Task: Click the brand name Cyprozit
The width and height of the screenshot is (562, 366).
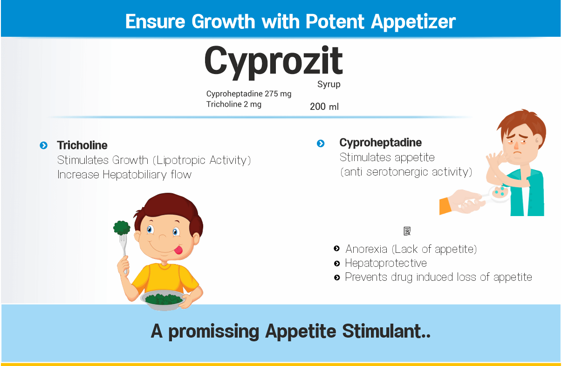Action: pyautogui.click(x=274, y=62)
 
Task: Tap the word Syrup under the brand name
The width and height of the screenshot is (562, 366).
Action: pyautogui.click(x=329, y=84)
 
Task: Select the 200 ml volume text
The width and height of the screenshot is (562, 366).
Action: pyautogui.click(x=324, y=107)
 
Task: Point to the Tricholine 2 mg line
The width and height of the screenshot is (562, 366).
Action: pyautogui.click(x=234, y=104)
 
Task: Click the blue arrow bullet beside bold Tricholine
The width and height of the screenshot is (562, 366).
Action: pyautogui.click(x=44, y=145)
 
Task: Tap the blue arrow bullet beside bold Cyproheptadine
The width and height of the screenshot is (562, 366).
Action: pyautogui.click(x=321, y=143)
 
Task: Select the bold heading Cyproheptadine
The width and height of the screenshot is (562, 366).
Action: pyautogui.click(x=380, y=143)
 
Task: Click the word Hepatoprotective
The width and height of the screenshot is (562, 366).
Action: pyautogui.click(x=386, y=263)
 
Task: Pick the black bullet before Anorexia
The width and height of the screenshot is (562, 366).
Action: pyautogui.click(x=337, y=249)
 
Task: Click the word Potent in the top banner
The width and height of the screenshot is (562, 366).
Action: pyautogui.click(x=335, y=21)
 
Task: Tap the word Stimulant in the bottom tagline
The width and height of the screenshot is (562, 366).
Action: pyautogui.click(x=386, y=331)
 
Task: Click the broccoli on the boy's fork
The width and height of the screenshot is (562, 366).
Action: pyautogui.click(x=122, y=228)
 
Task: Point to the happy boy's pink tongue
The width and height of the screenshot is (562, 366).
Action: pyautogui.click(x=178, y=250)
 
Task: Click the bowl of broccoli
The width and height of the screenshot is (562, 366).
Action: pyautogui.click(x=163, y=300)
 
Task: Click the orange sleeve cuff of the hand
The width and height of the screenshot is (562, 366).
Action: pyautogui.click(x=445, y=206)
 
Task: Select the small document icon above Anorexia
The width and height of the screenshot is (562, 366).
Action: pyautogui.click(x=407, y=231)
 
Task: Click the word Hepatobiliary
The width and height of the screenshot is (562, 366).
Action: pyautogui.click(x=135, y=175)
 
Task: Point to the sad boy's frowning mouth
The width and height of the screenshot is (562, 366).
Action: pyautogui.click(x=517, y=153)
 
